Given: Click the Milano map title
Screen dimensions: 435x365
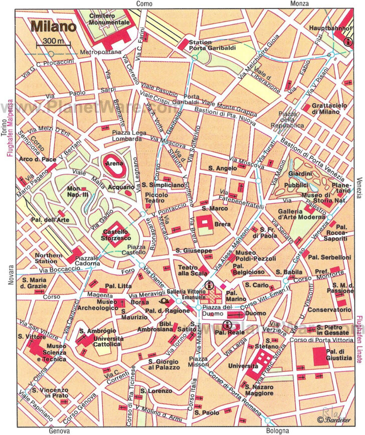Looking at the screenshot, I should (53, 26).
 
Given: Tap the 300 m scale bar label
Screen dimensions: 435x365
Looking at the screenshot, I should (53, 41).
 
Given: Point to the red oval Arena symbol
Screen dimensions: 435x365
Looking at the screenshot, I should (112, 163).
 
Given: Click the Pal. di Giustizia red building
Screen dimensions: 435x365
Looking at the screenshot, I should (321, 355).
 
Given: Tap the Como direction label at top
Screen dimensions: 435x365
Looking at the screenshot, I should (144, 4).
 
